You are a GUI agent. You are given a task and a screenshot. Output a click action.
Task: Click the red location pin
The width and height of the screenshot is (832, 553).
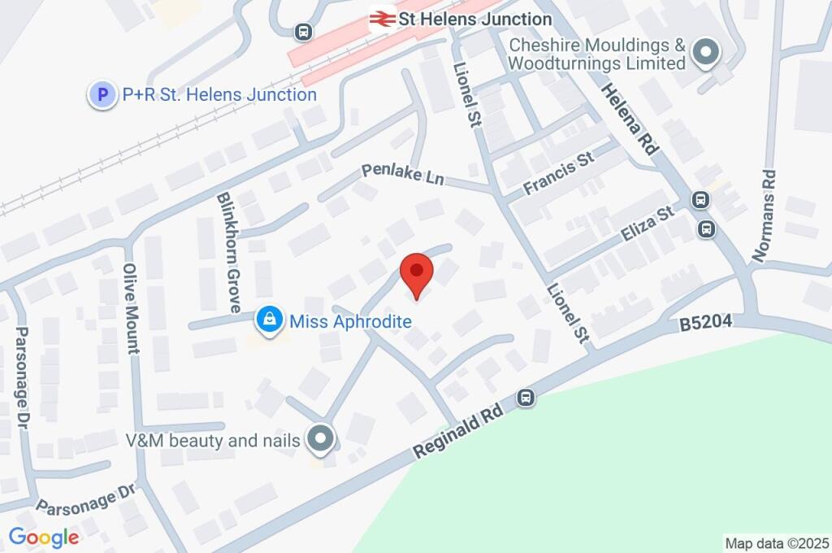pos(418,274)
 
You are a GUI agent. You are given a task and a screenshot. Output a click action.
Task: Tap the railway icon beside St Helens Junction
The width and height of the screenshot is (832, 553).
pos(382,18)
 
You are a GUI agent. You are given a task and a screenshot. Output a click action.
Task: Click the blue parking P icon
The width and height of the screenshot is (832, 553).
pos(102,95)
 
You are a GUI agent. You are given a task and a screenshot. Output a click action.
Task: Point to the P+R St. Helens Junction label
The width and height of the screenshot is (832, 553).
pos(219,95)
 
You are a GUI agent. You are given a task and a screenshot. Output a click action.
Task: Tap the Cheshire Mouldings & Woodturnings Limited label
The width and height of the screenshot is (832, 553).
pos(597,53)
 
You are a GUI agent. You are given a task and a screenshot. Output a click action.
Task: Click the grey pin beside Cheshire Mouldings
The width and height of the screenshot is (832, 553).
pos(704,53)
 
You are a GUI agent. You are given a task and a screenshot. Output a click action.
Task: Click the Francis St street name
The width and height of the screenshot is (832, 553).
pos(560,175)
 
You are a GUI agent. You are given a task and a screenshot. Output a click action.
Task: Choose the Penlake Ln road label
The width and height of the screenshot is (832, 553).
pos(403,173)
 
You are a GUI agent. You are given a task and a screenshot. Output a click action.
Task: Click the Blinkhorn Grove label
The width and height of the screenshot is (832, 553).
pos(227,252)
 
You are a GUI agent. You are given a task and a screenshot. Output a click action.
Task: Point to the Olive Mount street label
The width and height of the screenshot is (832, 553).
pos(131,308)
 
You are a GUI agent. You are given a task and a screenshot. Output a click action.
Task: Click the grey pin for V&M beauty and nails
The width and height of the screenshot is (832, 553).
pos(322,439)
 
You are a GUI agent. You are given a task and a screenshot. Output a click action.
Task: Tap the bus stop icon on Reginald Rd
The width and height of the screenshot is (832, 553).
pos(526,398)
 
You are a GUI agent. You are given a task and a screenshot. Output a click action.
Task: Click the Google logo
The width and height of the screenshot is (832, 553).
pos(44,537)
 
